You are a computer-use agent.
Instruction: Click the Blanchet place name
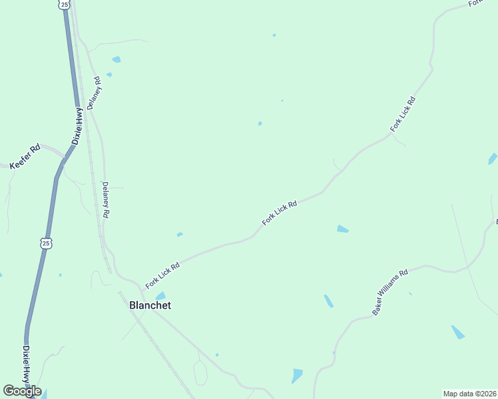[149, 305]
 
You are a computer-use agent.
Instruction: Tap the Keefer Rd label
[25, 156]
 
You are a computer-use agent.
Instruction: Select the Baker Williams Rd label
[390, 292]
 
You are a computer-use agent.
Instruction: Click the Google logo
[22, 391]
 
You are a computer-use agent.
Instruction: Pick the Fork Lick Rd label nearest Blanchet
[163, 275]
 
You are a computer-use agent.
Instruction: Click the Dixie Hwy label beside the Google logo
[27, 364]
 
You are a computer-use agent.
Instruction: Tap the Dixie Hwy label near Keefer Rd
[79, 126]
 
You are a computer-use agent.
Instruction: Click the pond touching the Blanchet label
[160, 295]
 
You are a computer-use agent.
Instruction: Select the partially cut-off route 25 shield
[63, 4]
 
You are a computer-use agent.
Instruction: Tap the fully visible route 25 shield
[45, 243]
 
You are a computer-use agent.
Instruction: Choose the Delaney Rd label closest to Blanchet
[105, 201]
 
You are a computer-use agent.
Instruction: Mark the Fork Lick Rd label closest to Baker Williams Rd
[280, 213]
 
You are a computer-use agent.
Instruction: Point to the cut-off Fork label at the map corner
[475, 3]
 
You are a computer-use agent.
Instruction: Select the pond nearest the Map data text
[457, 332]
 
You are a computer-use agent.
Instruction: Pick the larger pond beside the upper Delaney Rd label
[117, 60]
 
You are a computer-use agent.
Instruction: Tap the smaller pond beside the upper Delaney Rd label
[109, 74]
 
